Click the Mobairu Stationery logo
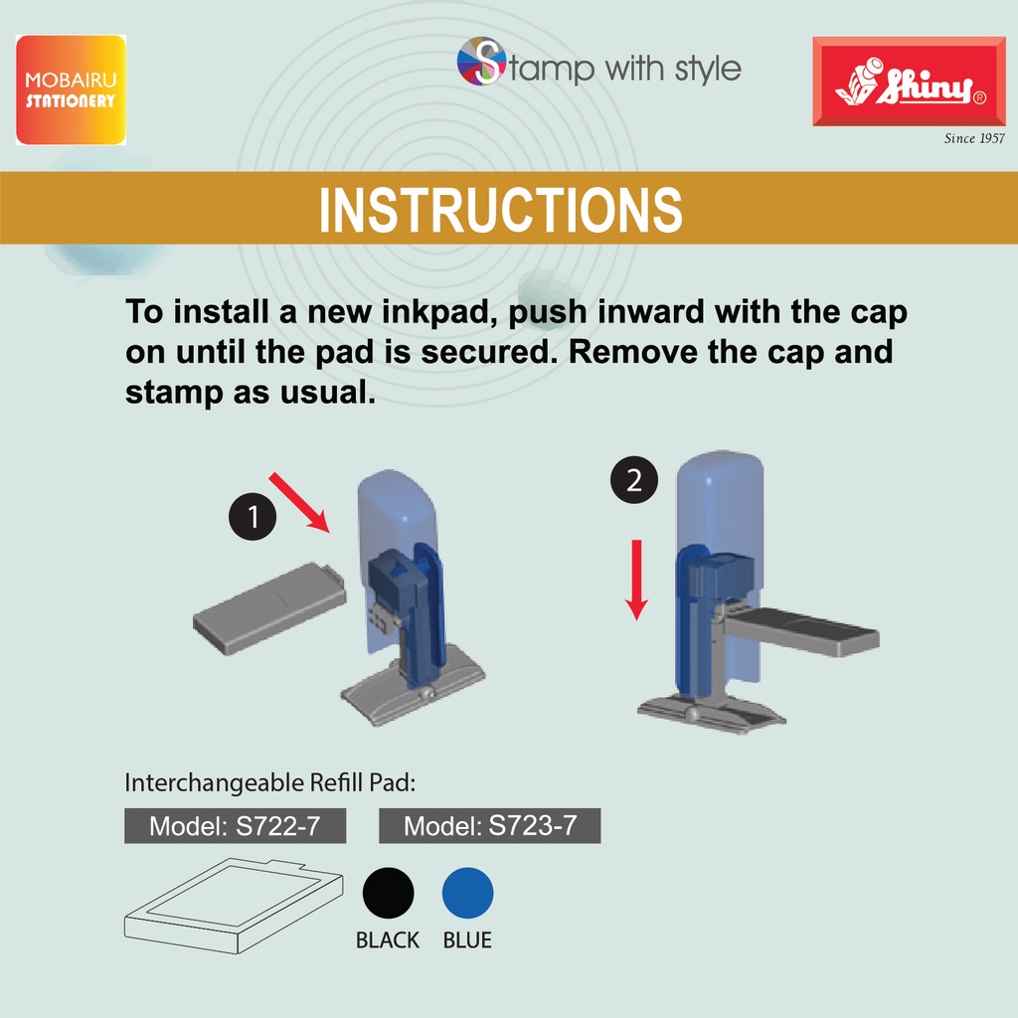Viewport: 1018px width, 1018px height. click(x=71, y=89)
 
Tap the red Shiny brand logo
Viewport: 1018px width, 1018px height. click(x=909, y=82)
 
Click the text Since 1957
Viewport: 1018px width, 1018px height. click(x=974, y=138)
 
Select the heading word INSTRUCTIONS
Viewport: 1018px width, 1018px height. click(x=501, y=209)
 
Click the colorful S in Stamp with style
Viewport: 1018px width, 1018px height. click(x=482, y=62)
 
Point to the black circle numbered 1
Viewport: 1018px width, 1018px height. click(x=253, y=517)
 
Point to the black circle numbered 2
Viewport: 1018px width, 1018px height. click(x=634, y=480)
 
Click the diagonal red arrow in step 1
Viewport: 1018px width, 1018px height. click(x=299, y=502)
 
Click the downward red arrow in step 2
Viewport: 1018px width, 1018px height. click(x=636, y=580)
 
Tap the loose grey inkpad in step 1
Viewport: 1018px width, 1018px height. click(x=269, y=608)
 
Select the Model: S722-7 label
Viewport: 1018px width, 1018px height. click(x=235, y=826)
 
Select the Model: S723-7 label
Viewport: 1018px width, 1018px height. click(x=489, y=826)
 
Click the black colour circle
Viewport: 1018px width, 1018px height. click(x=389, y=893)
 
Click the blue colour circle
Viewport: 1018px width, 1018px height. click(x=467, y=893)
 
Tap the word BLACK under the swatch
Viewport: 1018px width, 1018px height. click(x=388, y=940)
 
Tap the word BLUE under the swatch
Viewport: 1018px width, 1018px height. click(x=467, y=940)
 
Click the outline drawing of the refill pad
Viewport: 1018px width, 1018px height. click(x=234, y=906)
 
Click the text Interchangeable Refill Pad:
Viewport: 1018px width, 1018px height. click(x=270, y=783)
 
